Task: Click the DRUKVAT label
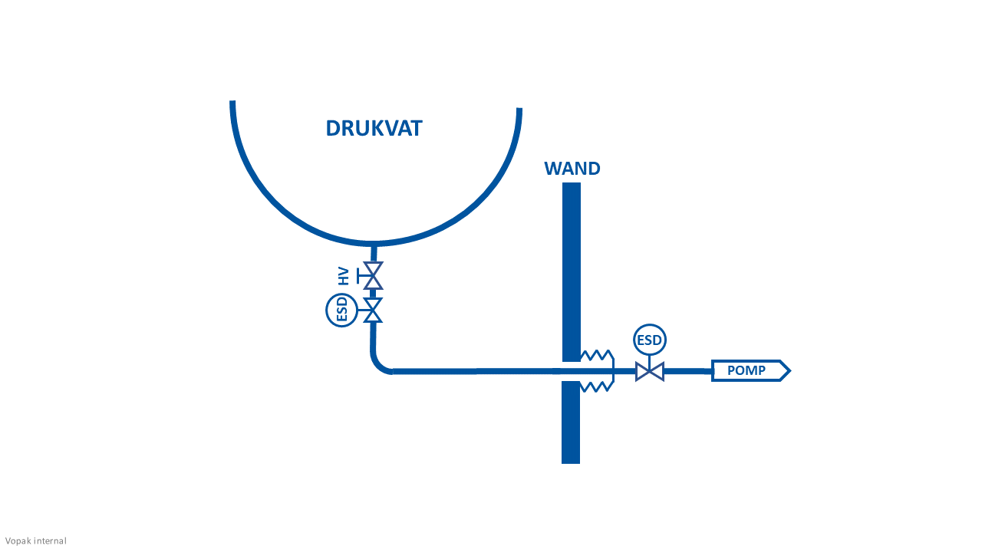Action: pyautogui.click(x=374, y=128)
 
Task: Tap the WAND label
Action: pyautogui.click(x=572, y=169)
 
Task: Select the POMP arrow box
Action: pyautogui.click(x=748, y=371)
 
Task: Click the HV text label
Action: pyautogui.click(x=344, y=275)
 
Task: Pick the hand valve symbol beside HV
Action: pyautogui.click(x=373, y=275)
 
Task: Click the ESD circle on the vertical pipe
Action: pyautogui.click(x=342, y=310)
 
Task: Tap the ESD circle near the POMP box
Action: pyautogui.click(x=650, y=340)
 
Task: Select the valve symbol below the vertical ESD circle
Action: pyautogui.click(x=373, y=310)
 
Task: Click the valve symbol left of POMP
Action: pyautogui.click(x=650, y=372)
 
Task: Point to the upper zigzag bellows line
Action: pyautogui.click(x=597, y=355)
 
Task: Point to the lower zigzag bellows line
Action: pyautogui.click(x=597, y=386)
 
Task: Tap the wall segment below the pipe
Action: pyautogui.click(x=571, y=422)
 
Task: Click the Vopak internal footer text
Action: pyautogui.click(x=36, y=541)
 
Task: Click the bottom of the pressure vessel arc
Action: pyautogui.click(x=374, y=243)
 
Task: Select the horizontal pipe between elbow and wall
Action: pyautogui.click(x=476, y=371)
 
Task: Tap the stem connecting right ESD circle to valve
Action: pyautogui.click(x=650, y=360)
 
